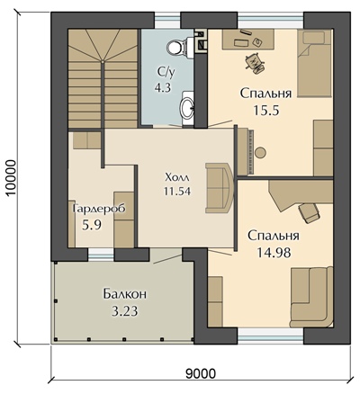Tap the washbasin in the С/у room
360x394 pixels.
[x=187, y=106]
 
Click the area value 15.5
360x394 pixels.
[x=266, y=111]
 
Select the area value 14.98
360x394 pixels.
[x=274, y=253]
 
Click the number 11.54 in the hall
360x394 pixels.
[x=177, y=191]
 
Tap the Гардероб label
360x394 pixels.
[x=99, y=209]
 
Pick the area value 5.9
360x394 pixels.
[x=92, y=224]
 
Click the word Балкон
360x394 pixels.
[x=125, y=294]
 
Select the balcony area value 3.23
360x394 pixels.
[x=125, y=311]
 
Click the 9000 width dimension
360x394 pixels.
[x=201, y=373]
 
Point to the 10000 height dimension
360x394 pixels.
[x=12, y=177]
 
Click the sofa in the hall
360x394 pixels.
[x=219, y=188]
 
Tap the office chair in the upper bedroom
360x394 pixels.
[x=256, y=63]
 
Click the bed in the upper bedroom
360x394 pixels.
[x=315, y=63]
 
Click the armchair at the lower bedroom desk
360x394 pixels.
[x=309, y=212]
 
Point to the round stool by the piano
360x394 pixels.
[x=260, y=153]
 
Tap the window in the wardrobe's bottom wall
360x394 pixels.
[x=101, y=255]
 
